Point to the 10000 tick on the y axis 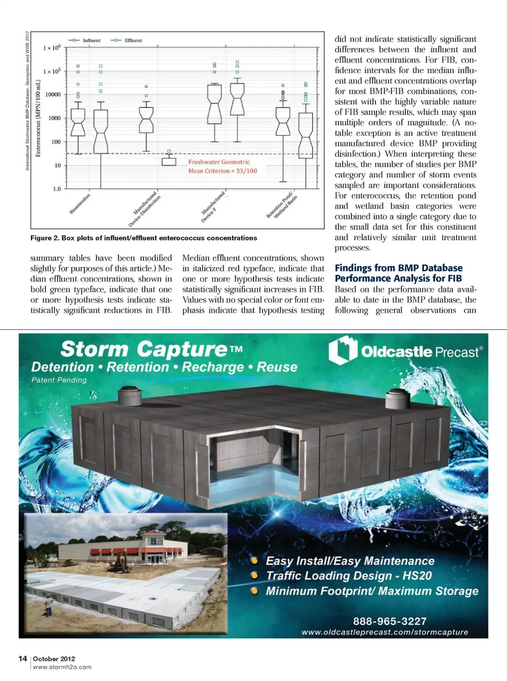(53, 95)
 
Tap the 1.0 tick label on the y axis (56, 189)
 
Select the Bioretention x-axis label (80, 204)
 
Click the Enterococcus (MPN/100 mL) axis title (38, 118)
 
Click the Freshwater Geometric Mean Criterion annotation (222, 167)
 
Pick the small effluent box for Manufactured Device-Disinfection (169, 160)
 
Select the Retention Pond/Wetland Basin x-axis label (281, 207)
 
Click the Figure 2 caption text (144, 238)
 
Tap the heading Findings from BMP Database (398, 268)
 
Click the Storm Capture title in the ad (152, 349)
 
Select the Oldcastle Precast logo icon (343, 351)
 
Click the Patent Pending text (59, 380)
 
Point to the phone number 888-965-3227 (389, 621)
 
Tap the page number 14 (23, 658)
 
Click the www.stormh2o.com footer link (62, 667)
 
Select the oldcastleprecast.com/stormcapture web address (384, 632)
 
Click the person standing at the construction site (49, 604)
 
